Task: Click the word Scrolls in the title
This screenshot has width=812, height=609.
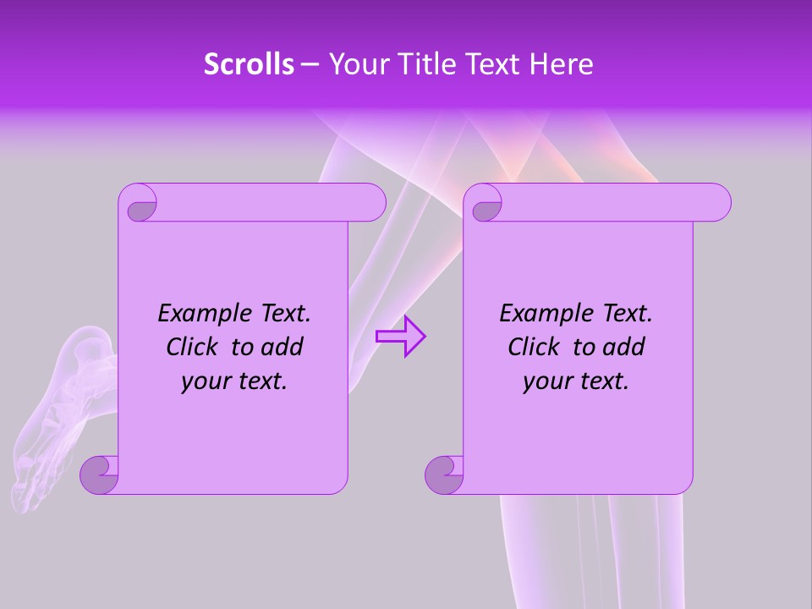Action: (x=249, y=64)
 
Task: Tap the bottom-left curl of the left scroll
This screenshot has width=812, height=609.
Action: (x=99, y=474)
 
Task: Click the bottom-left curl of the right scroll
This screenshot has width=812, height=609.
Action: (x=444, y=474)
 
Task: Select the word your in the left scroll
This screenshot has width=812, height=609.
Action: (x=206, y=381)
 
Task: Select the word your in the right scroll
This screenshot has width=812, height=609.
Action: (x=547, y=381)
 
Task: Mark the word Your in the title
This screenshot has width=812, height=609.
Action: (x=353, y=64)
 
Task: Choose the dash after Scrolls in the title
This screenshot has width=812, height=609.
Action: (x=310, y=64)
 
